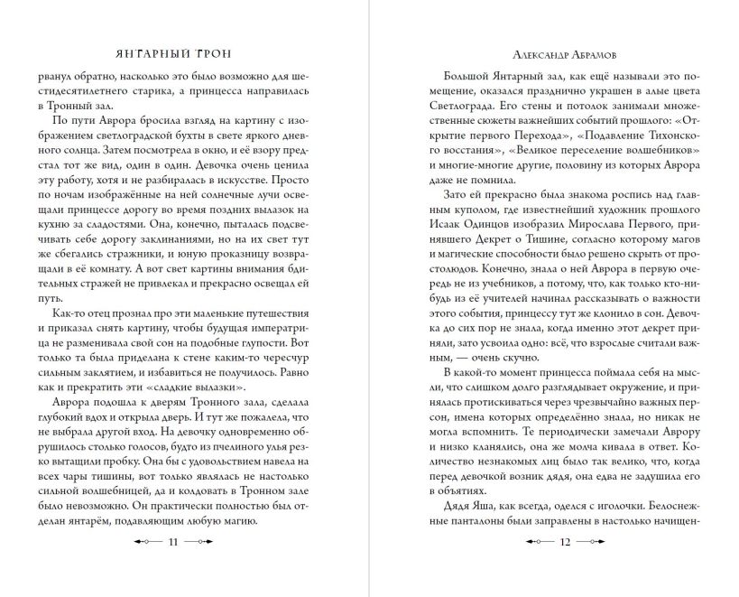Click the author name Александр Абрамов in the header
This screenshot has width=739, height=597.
555,54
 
